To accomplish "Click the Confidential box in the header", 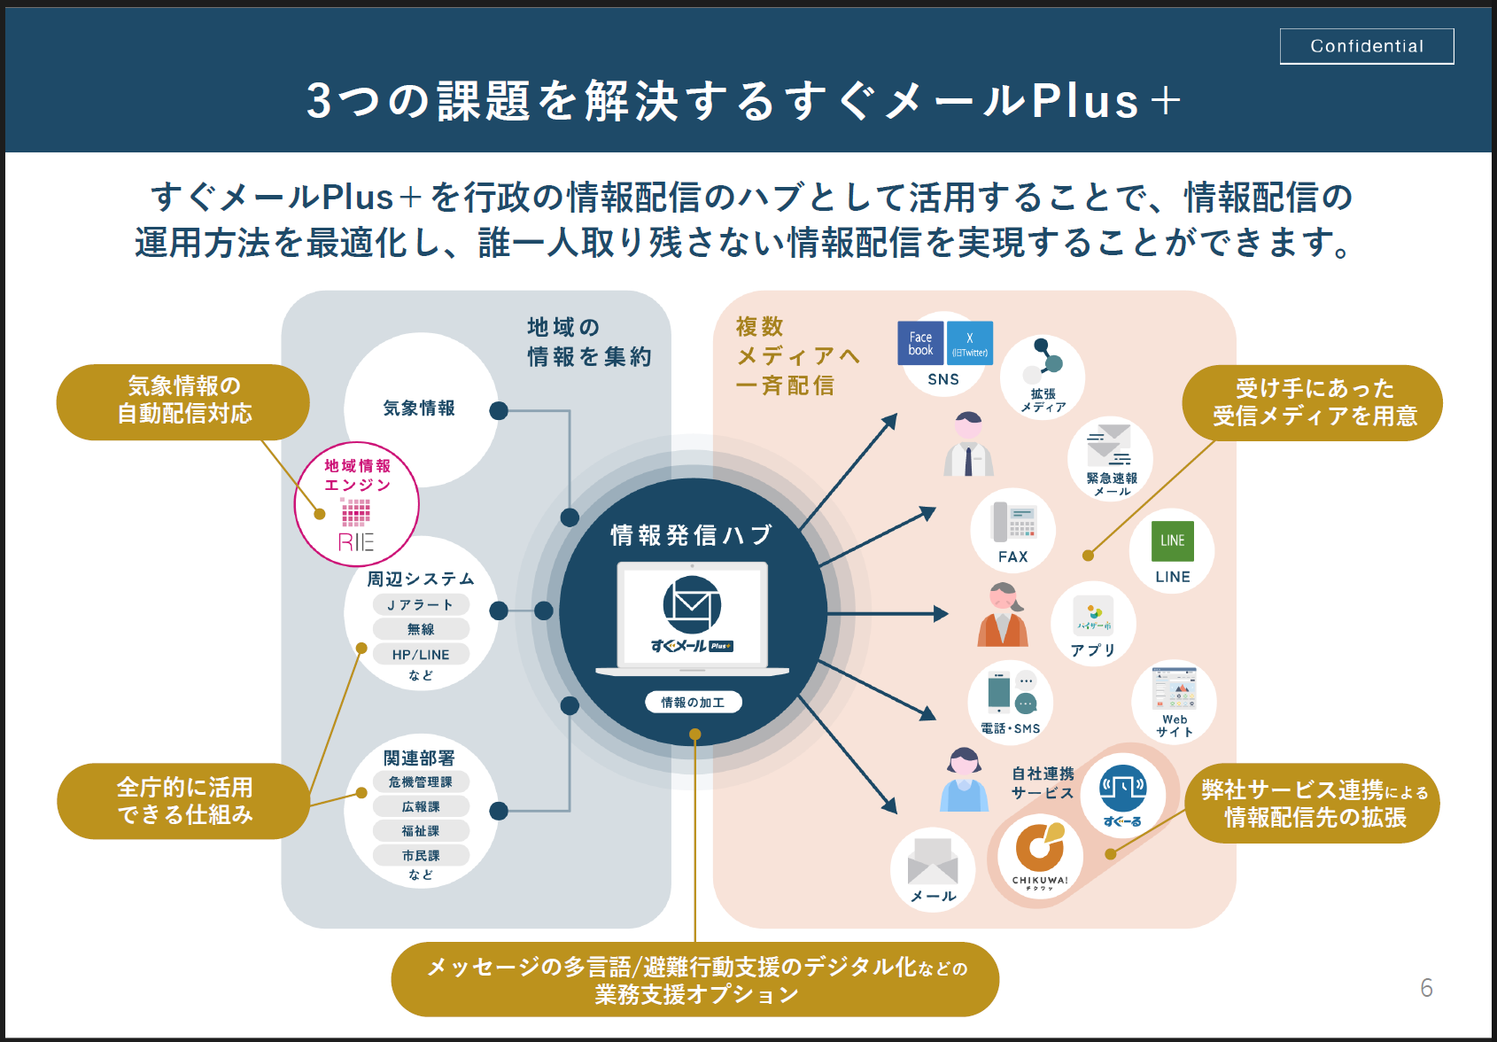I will (1366, 46).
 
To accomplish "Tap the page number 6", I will (1426, 988).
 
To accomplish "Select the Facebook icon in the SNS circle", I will (920, 344).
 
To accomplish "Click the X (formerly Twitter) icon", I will (970, 344).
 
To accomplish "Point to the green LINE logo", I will (1172, 540).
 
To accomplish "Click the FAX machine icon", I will (1013, 522).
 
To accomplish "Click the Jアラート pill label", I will (421, 605).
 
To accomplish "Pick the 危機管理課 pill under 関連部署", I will (421, 782).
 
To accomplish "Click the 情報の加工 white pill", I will (693, 703).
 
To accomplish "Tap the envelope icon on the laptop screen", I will (692, 605).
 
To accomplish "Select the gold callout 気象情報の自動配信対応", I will (183, 400).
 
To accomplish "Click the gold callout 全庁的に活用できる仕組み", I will (183, 801).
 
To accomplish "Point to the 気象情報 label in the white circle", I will (419, 408).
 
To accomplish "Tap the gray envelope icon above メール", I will (933, 860).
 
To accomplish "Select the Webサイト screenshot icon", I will (1174, 689).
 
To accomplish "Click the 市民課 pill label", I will (421, 856).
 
